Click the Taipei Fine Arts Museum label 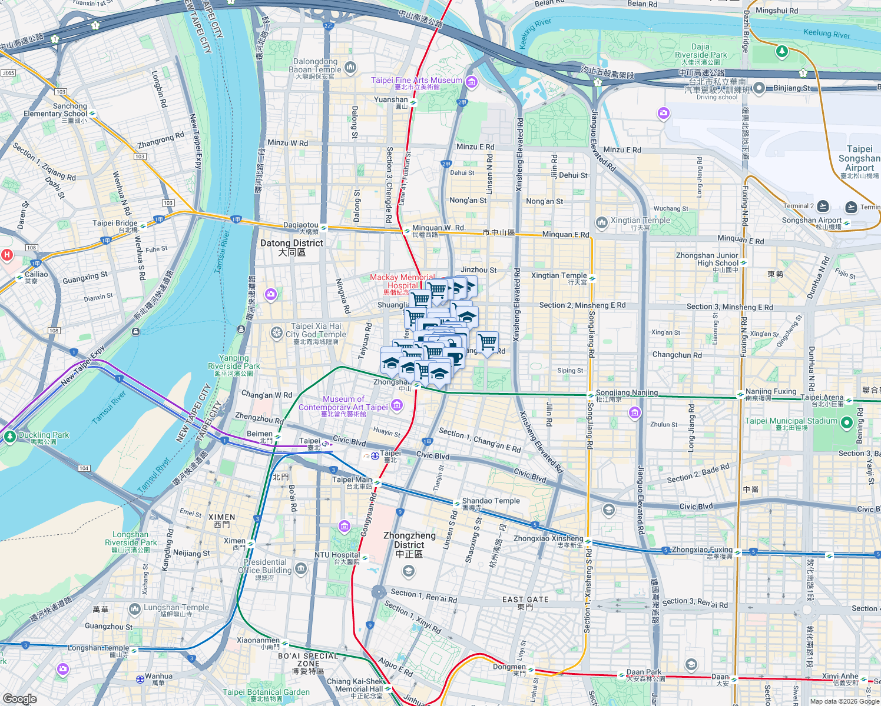tap(417, 81)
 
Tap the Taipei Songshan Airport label tap(859, 158)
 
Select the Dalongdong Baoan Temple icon tap(350, 67)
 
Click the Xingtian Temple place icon tap(601, 222)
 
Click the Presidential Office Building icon tap(301, 568)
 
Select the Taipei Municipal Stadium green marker tap(846, 422)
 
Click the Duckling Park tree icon tap(9, 437)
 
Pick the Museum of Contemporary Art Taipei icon tap(396, 405)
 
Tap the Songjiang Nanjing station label tap(627, 393)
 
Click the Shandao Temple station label tap(491, 501)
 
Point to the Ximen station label tap(234, 541)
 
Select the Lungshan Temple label tap(176, 608)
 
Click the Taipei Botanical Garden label tap(266, 692)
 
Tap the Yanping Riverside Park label tap(234, 362)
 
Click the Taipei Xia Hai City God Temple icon tap(276, 334)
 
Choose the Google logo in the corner tap(19, 698)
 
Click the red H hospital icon tap(7, 255)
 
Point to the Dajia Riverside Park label tap(701, 51)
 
